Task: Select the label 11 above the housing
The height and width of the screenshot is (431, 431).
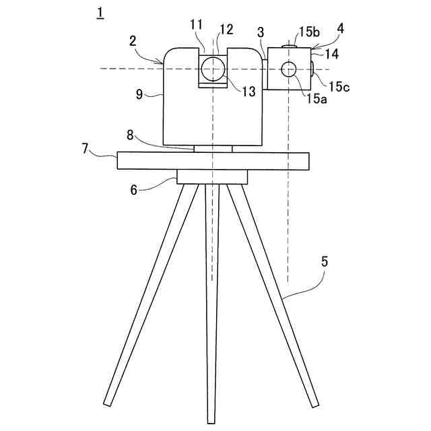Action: point(196,25)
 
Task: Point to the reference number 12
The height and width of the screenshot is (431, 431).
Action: point(226,30)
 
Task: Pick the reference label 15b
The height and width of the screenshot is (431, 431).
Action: point(310,32)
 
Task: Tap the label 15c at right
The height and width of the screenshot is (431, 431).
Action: point(340,87)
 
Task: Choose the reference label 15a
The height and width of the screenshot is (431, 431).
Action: point(317,98)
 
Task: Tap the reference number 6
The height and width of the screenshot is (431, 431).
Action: point(134,189)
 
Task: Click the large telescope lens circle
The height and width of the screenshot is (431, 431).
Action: point(212,69)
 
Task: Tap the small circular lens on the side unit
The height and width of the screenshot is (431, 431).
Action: point(289,69)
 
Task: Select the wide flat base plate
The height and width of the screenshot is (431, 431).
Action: point(213,161)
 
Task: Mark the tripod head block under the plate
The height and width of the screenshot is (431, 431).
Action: point(212,176)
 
